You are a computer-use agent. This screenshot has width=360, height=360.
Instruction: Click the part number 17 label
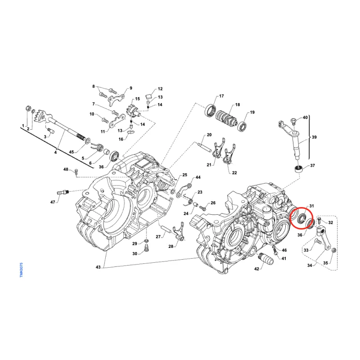221,97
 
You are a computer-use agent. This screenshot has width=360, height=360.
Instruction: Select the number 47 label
53,202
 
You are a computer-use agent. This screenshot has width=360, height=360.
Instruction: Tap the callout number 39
314,137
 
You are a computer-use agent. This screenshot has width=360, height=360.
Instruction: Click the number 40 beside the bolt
305,117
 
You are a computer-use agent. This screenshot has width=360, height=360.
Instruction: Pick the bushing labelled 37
297,170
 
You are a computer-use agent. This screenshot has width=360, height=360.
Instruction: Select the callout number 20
209,135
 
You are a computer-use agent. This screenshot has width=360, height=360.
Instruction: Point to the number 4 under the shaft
56,153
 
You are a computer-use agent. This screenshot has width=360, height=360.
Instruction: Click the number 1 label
23,125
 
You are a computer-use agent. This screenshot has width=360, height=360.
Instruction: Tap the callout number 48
65,170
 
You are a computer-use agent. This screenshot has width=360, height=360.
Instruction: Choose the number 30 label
135,254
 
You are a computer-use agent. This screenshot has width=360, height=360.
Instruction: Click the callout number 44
198,178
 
